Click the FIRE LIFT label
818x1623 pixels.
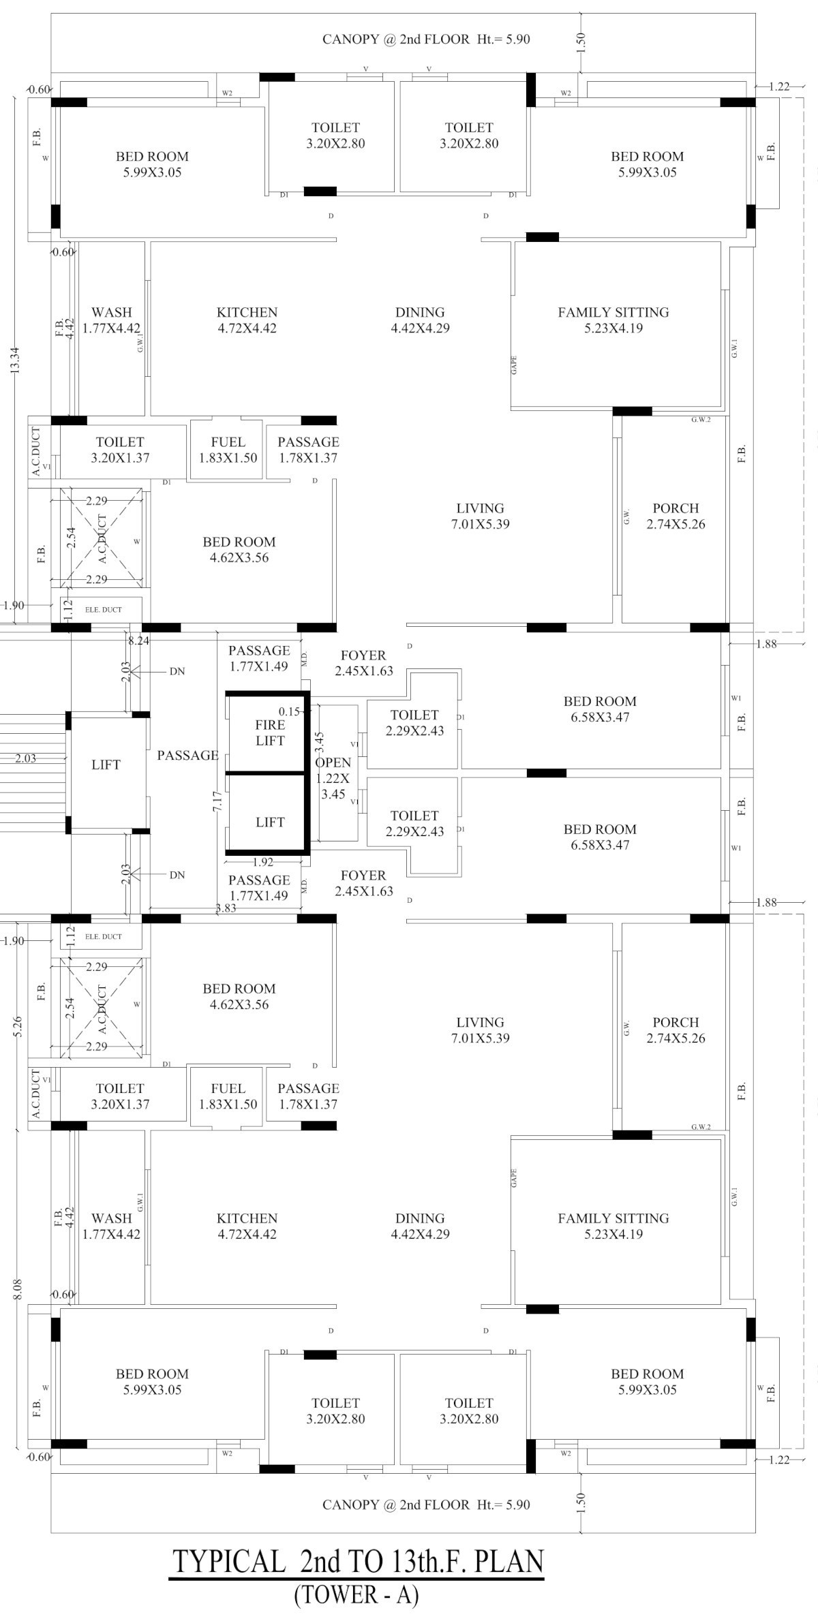270,733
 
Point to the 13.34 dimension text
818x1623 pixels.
16,360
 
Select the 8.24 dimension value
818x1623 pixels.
139,640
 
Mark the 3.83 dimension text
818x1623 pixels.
226,908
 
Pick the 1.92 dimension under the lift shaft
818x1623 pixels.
263,862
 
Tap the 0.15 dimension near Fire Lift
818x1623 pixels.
289,711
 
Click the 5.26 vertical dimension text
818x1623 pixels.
18,1027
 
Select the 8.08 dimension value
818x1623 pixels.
18,1289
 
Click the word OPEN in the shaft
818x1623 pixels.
333,762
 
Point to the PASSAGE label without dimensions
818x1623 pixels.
187,755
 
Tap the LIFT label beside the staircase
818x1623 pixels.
106,764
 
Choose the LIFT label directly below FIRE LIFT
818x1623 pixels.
270,822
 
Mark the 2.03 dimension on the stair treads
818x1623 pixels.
26,758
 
